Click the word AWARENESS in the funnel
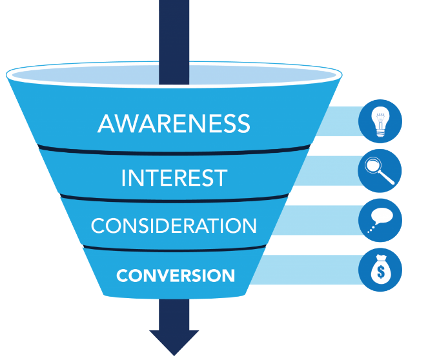[x=174, y=123]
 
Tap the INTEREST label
[x=174, y=177]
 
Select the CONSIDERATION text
[x=174, y=226]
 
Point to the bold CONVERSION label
[x=176, y=275]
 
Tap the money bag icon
[x=380, y=270]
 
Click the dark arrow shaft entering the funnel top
[x=174, y=39]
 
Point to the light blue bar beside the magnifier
[x=336, y=172]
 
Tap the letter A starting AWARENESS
[x=106, y=123]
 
